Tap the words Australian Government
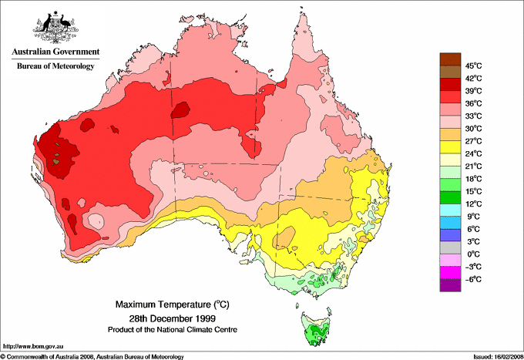pos(55,52)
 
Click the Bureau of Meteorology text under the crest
pos(55,66)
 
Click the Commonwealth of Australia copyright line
pos(92,356)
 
